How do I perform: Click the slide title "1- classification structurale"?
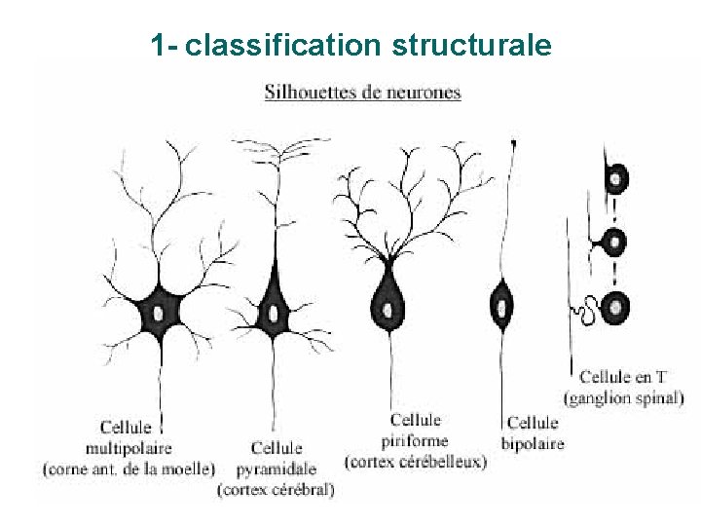pos(350,45)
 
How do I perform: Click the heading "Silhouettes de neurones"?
pos(362,94)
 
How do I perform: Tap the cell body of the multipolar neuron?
pos(157,313)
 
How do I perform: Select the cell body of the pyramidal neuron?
pos(275,313)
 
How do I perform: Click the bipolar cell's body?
pos(502,303)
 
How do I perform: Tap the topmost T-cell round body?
pos(616,178)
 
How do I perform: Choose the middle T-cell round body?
pos(614,242)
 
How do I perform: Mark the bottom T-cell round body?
pos(615,308)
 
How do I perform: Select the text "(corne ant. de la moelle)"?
pos(129,469)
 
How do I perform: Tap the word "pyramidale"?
pos(277,469)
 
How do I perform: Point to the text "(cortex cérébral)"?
pos(277,489)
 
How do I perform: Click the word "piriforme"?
pos(416,440)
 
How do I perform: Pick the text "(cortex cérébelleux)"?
pos(416,461)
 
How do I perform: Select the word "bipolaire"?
pos(533,443)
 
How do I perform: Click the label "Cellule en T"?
pos(623,376)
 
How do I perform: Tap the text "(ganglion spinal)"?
pos(623,396)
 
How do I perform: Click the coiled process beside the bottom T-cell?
pos(585,312)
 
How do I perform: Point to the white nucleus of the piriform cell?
pos(388,311)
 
